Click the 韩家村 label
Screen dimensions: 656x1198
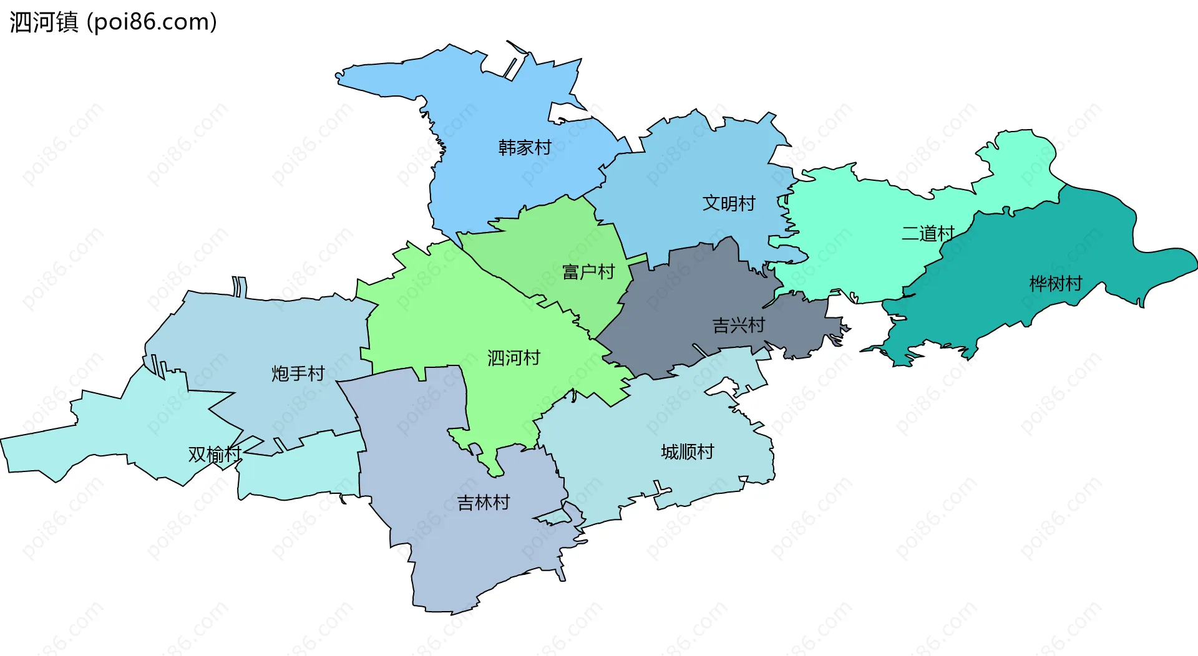tap(525, 148)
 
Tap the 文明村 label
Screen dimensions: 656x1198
tap(729, 203)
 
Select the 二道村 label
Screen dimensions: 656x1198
tap(928, 234)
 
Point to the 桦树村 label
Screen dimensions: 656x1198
tap(1056, 284)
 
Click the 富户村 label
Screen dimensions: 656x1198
tap(588, 272)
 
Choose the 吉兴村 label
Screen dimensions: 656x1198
tap(739, 325)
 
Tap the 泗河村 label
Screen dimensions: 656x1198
tap(514, 358)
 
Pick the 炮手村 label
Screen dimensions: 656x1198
tap(298, 374)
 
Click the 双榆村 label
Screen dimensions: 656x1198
tap(215, 455)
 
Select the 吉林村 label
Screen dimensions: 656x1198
tap(484, 503)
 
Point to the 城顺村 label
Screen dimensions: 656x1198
tap(688, 451)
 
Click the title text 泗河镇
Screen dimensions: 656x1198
tap(44, 22)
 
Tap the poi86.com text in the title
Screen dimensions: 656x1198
tap(152, 22)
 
